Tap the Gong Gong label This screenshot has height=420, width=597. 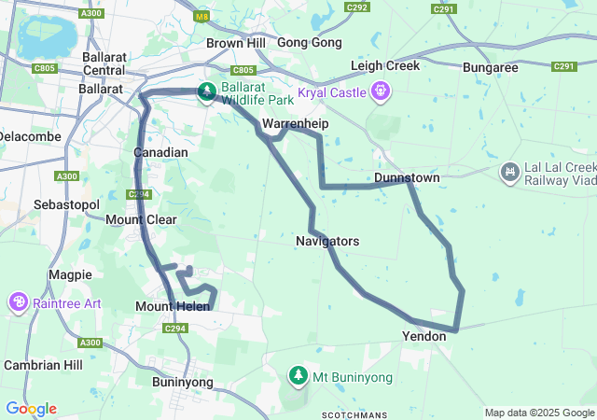point(309,43)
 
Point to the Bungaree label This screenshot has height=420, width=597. point(491,68)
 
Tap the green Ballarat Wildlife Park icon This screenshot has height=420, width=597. point(205,91)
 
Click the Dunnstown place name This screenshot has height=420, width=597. point(407,177)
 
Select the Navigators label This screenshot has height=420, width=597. point(327,241)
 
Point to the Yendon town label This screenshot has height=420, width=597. point(423,336)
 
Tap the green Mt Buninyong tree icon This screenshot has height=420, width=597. point(298,375)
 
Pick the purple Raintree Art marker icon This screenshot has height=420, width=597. point(18,302)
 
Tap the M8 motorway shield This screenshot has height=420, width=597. point(202,16)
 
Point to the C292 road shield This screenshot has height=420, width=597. point(357,7)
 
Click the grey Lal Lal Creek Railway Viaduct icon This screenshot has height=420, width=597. point(509,172)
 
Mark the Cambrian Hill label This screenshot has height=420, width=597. point(44,365)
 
